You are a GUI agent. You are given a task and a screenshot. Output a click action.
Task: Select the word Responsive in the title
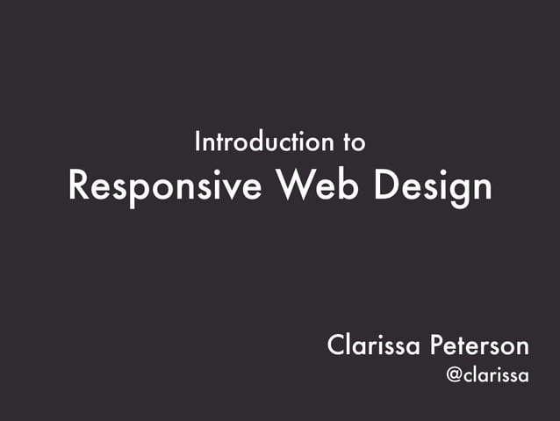coord(165,186)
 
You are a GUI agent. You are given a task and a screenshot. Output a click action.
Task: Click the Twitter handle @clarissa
coord(487,375)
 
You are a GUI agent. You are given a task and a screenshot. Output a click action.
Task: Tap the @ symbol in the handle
coord(455,376)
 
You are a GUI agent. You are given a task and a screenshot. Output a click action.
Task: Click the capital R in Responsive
coord(79,186)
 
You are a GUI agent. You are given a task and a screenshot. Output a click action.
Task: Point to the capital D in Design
coord(384,186)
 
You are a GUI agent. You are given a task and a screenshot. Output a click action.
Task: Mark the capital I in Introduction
coord(198,141)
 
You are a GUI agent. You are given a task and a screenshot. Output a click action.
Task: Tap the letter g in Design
coord(456,191)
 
